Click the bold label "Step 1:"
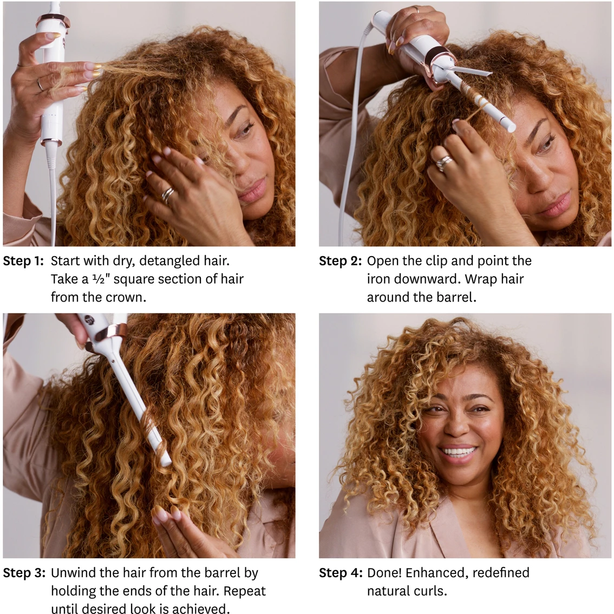coord(23,261)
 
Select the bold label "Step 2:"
coord(339,261)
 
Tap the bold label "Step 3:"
coord(23,573)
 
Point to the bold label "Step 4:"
coord(340,573)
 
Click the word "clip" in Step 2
coord(434,261)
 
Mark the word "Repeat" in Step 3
coord(246,591)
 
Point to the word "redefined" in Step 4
coord(499,573)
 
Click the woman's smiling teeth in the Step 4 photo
coord(458,450)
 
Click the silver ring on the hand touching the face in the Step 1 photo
coord(168,194)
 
